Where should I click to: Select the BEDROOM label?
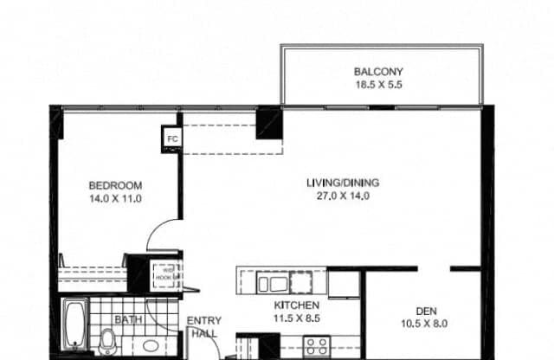pyautogui.click(x=115, y=185)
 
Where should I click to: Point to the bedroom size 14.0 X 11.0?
pyautogui.click(x=115, y=198)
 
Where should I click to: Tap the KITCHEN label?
pyautogui.click(x=297, y=305)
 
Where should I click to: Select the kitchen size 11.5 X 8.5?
pyautogui.click(x=297, y=318)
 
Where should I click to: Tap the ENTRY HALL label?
pyautogui.click(x=203, y=326)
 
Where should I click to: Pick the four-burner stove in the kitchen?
pyautogui.click(x=316, y=347)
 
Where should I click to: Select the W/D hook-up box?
pyautogui.click(x=164, y=274)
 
